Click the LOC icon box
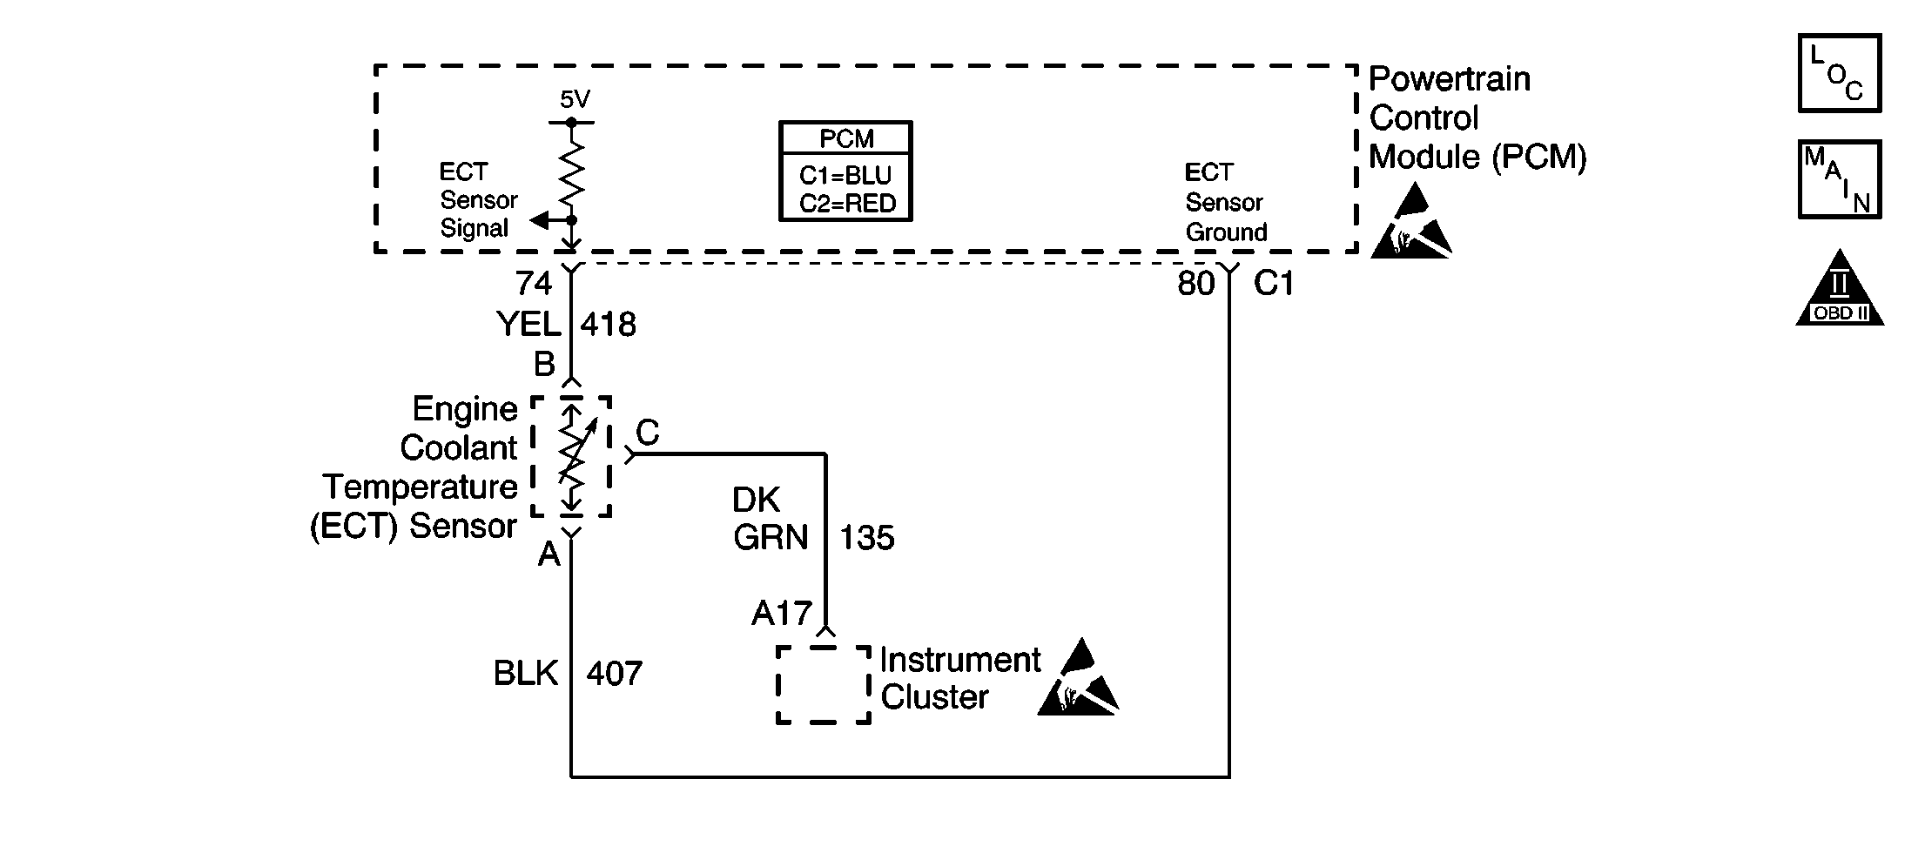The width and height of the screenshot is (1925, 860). click(x=1840, y=73)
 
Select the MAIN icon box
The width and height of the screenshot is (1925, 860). click(x=1840, y=179)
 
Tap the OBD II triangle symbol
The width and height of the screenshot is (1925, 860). click(x=1840, y=288)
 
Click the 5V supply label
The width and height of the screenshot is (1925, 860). click(x=575, y=100)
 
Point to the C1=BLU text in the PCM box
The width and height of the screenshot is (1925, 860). click(x=845, y=176)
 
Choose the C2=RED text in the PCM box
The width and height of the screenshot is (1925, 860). click(x=846, y=204)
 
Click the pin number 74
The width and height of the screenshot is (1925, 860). click(x=534, y=283)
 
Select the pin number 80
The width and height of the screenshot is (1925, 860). click(x=1195, y=284)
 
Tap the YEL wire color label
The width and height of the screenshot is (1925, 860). click(x=528, y=325)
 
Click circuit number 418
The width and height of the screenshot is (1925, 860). click(x=609, y=325)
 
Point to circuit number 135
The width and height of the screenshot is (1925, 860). click(x=867, y=538)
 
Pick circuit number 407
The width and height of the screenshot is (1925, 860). click(x=615, y=674)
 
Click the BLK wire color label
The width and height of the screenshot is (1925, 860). click(x=526, y=674)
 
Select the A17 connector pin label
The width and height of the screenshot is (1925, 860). click(x=782, y=614)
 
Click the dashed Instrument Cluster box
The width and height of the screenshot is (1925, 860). click(x=824, y=685)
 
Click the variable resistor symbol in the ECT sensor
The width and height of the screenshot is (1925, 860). click(x=571, y=456)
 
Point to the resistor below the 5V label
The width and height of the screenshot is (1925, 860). click(x=571, y=171)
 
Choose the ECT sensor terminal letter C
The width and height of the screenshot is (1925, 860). click(x=648, y=432)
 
